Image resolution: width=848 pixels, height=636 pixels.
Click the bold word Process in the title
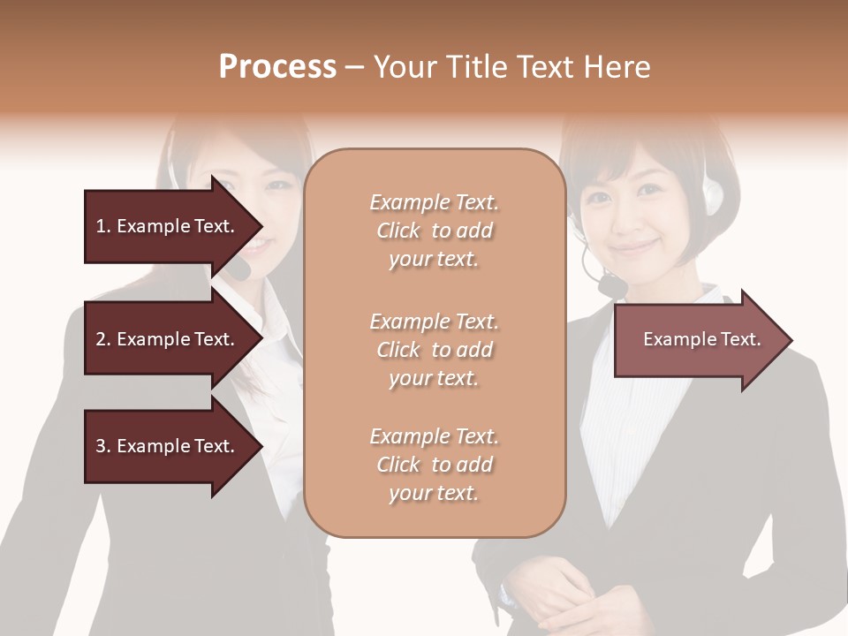coord(277,67)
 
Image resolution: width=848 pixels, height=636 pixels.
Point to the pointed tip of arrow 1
coord(261,226)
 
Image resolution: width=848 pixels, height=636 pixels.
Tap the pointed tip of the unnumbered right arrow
coord(791,340)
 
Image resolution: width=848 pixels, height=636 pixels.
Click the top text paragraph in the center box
coord(434,231)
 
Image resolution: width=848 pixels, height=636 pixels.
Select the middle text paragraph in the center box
coord(434,350)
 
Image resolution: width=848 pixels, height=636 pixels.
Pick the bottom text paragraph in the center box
coord(434,465)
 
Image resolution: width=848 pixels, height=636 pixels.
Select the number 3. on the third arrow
coord(102,446)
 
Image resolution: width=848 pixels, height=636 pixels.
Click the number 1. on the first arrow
coord(102,226)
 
